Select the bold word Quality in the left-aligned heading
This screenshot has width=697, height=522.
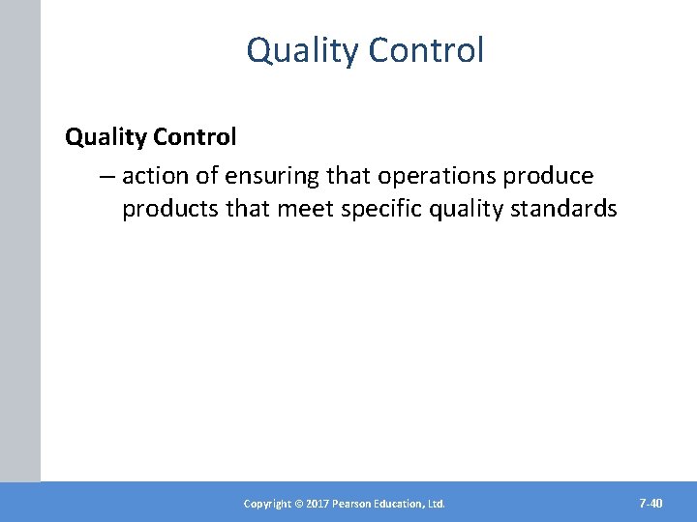(105, 137)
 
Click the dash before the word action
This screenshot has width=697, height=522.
(106, 176)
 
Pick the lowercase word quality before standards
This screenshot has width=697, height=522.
(460, 209)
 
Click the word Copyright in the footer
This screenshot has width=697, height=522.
(267, 504)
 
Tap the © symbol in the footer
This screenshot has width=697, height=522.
(298, 504)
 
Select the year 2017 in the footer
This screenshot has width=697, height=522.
(318, 504)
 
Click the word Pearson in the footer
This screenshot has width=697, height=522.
(354, 504)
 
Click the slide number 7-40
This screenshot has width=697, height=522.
(651, 503)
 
